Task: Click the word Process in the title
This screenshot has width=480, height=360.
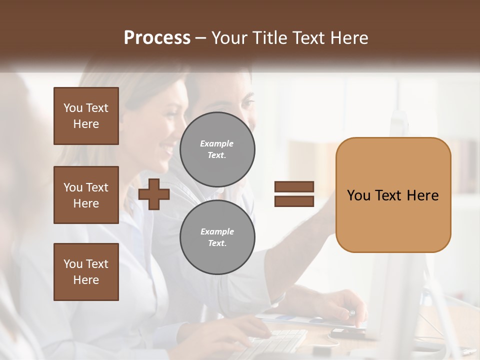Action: [x=157, y=38]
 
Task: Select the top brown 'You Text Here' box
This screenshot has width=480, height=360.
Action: [x=86, y=116]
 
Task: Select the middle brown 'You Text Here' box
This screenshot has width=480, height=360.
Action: [x=86, y=195]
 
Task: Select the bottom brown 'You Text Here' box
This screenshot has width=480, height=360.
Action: [x=86, y=272]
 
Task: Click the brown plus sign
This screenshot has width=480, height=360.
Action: [x=154, y=194]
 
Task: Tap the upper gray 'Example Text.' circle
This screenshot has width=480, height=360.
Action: [x=217, y=149]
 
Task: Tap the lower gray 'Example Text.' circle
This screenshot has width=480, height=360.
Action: [x=217, y=237]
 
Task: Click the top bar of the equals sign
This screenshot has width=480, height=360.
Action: [x=294, y=186]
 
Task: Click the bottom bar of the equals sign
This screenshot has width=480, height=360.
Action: [x=294, y=201]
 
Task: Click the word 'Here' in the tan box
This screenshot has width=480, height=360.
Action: [x=422, y=195]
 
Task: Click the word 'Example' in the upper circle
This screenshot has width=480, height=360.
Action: [x=217, y=143]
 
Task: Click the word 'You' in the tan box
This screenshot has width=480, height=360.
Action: [x=359, y=195]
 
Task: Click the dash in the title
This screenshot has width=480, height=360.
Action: [x=201, y=38]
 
